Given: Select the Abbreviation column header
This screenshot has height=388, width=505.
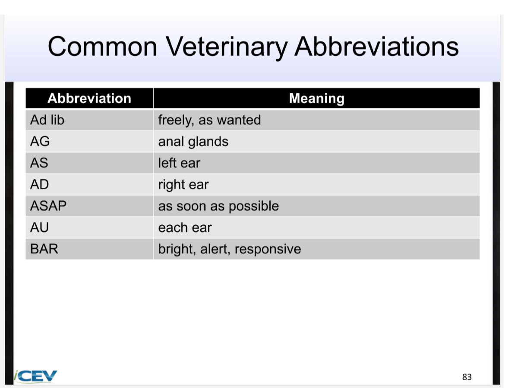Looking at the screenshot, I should point(89,98).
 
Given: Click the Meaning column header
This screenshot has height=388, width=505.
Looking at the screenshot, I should point(316,98).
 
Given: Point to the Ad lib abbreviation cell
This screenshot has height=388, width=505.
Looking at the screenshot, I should point(47,120).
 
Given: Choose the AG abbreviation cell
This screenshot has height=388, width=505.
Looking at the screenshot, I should point(40,142).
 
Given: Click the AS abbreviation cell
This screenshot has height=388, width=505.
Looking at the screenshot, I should point(39,163).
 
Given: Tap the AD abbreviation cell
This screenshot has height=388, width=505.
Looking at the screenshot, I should point(40,185).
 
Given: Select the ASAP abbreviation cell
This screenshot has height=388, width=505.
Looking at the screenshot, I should point(48,206).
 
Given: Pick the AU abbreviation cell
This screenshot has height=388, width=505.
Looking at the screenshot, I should point(40,227).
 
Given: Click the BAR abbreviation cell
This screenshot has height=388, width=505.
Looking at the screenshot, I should point(44,249).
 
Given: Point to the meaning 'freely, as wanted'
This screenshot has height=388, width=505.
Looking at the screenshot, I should point(209,120).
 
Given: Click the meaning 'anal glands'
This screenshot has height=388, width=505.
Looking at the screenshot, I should point(193,142).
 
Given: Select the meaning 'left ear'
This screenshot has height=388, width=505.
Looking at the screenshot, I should point(179,163).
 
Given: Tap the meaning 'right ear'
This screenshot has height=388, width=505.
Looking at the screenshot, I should point(183,185).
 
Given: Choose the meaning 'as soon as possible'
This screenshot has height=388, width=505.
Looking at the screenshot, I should point(218,206).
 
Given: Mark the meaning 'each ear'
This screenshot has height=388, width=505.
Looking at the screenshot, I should point(185,227).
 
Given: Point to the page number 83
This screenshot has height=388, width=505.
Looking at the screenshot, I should point(467,377).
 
